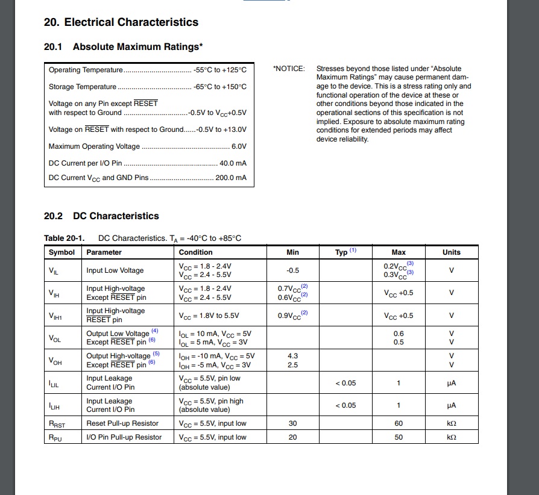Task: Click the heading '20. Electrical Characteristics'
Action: pyautogui.click(x=121, y=22)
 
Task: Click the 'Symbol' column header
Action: pyautogui.click(x=61, y=252)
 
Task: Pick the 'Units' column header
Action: pyautogui.click(x=451, y=252)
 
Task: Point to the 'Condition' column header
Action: pyautogui.click(x=196, y=252)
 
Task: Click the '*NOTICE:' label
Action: pyautogui.click(x=289, y=69)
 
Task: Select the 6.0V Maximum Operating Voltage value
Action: pyautogui.click(x=239, y=146)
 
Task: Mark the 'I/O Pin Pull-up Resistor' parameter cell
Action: pyautogui.click(x=124, y=437)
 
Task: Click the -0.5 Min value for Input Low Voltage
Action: pyautogui.click(x=292, y=270)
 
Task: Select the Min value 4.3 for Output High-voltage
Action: pyautogui.click(x=292, y=356)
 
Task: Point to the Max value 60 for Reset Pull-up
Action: pyautogui.click(x=399, y=423)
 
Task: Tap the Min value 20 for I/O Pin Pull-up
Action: pyautogui.click(x=292, y=437)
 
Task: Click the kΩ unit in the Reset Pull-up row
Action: pyautogui.click(x=451, y=423)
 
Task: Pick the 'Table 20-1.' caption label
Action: pyautogui.click(x=65, y=238)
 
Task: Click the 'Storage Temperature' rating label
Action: pyautogui.click(x=83, y=87)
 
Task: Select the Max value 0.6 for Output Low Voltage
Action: pyautogui.click(x=399, y=334)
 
